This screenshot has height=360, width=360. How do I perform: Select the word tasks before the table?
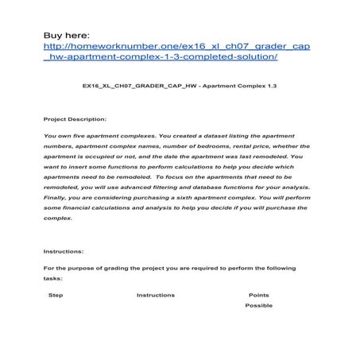(56, 279)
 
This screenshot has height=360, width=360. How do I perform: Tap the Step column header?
(56, 295)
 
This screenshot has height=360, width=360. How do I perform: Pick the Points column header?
(259, 295)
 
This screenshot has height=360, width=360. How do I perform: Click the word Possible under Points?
(258, 305)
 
